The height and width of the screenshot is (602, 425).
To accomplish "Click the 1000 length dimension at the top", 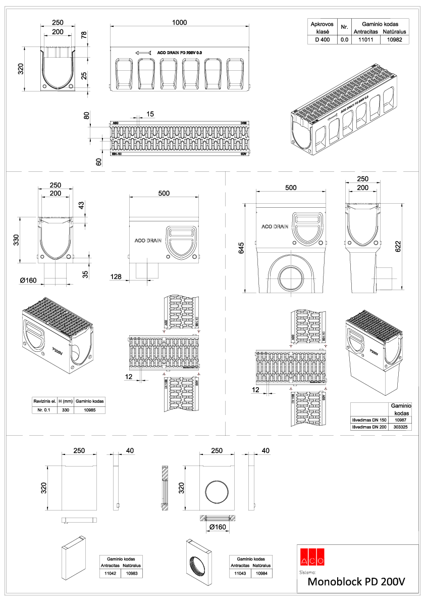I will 179,22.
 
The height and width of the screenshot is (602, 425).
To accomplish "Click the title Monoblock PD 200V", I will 356,582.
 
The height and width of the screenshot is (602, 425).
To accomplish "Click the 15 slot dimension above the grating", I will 150,114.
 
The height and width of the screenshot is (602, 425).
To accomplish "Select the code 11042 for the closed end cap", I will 110,574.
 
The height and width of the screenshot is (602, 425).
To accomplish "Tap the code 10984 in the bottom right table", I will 263,574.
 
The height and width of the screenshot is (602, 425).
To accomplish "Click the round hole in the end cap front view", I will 217,491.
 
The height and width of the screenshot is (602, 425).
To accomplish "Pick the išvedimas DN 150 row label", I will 368,420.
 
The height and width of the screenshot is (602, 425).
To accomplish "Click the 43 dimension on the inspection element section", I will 82,206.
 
